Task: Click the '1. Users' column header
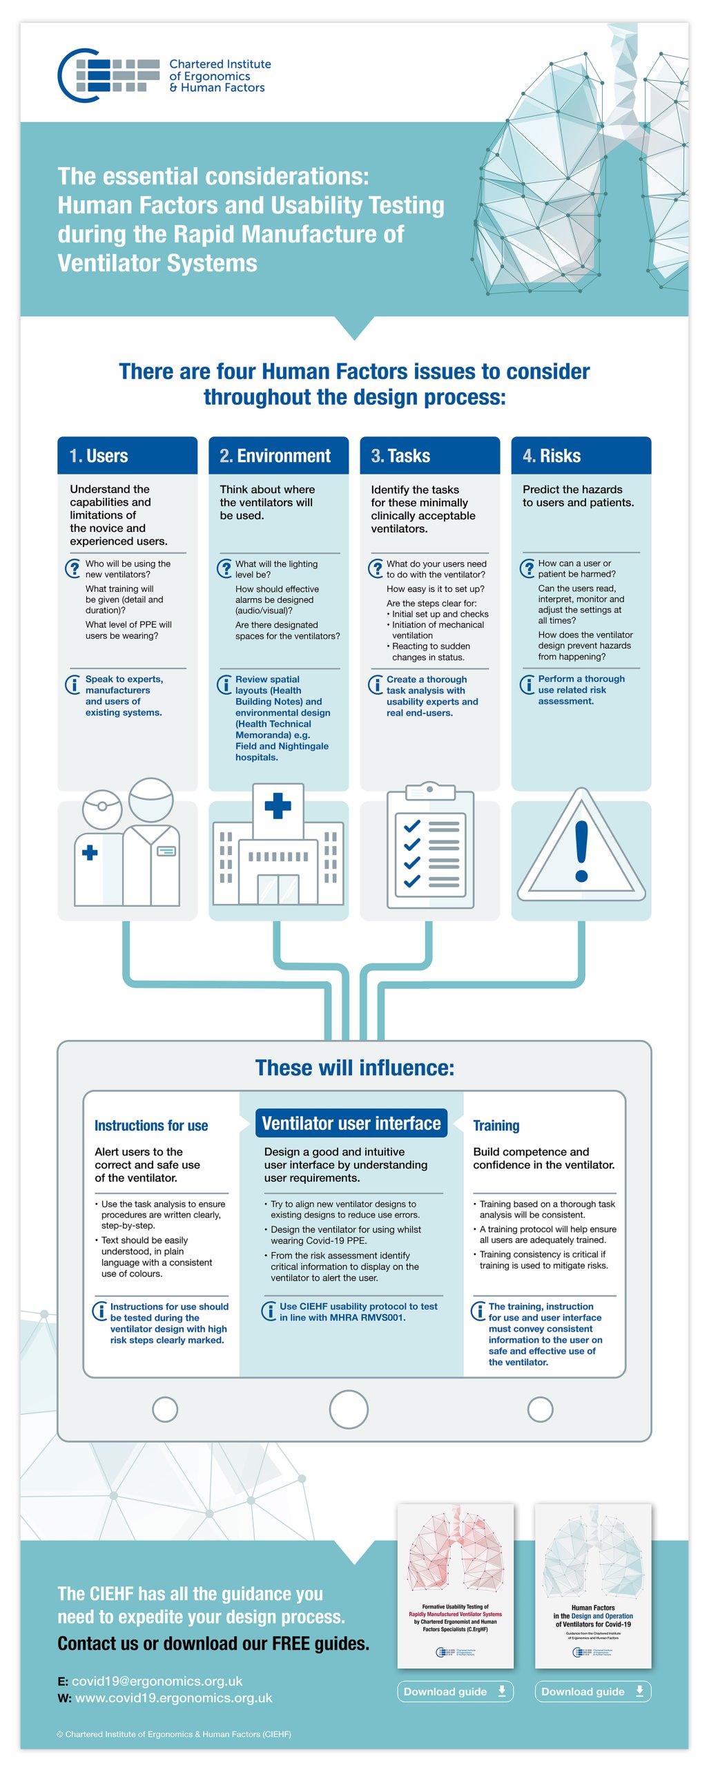tap(127, 456)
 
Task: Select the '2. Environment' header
tap(278, 456)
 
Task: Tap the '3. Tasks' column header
tap(429, 456)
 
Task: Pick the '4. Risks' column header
tap(581, 456)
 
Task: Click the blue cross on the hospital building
tap(278, 805)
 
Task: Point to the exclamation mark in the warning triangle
tap(581, 851)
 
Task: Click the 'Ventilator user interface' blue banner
tap(351, 1124)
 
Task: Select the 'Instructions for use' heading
tap(151, 1126)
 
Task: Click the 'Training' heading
tap(496, 1126)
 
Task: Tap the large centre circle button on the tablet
tap(349, 1409)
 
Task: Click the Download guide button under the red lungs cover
tap(455, 1691)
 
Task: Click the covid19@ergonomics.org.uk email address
tap(157, 1681)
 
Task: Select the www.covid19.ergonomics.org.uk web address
tap(173, 1698)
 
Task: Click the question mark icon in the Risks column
tap(527, 568)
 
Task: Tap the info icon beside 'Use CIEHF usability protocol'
tap(269, 1311)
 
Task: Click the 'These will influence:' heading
tap(355, 1068)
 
